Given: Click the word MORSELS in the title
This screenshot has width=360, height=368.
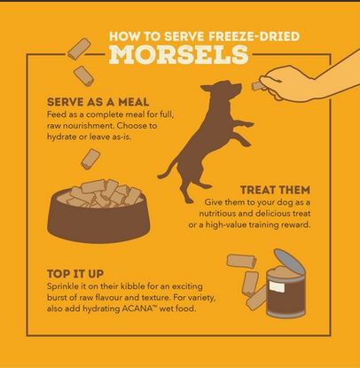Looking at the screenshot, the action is (179, 55).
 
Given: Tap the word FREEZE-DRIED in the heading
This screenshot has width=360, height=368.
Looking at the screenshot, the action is (254, 36).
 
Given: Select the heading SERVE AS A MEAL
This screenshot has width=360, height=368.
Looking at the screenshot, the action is (98, 102).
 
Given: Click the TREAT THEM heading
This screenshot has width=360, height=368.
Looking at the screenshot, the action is (275, 190).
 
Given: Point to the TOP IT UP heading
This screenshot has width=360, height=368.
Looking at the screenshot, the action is (75, 274).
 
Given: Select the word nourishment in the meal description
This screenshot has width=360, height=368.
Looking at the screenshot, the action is (86, 126).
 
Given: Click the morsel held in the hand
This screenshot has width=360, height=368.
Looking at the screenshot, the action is (258, 86).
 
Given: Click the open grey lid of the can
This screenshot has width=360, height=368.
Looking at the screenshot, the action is (289, 261).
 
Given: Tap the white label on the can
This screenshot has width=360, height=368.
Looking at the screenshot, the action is (277, 286).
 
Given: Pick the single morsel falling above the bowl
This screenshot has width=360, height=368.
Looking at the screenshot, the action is (90, 159).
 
